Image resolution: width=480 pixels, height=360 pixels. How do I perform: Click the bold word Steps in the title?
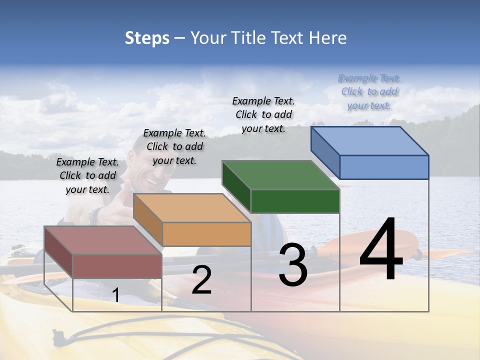(147, 38)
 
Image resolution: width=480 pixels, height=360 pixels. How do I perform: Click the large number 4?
(381, 250)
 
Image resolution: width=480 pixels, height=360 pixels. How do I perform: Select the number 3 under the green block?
(292, 265)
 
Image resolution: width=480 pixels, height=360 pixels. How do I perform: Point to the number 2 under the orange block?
(201, 280)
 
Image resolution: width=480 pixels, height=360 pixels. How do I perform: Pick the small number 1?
(116, 295)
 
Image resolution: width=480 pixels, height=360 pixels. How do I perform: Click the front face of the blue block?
(384, 167)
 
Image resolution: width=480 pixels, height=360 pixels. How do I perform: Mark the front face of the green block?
(295, 201)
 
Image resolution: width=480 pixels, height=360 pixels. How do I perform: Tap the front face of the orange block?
(206, 234)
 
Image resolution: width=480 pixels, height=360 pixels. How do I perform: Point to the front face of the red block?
(117, 266)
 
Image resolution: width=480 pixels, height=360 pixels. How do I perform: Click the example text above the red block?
(87, 175)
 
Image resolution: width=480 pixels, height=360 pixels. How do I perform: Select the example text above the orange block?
(174, 146)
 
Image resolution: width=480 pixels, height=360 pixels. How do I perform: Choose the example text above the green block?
(263, 114)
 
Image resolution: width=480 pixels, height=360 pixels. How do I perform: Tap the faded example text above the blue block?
(369, 91)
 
